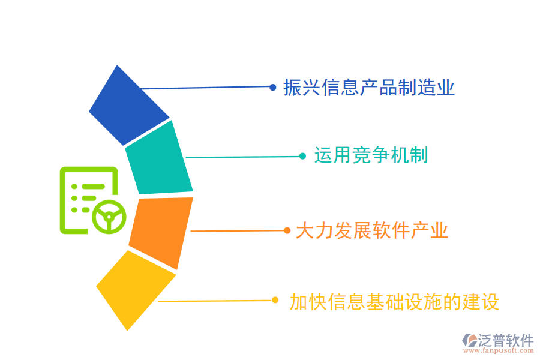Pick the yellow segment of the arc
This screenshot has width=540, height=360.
136,289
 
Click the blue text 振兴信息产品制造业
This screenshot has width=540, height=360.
369,88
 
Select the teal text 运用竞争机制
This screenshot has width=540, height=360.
371,155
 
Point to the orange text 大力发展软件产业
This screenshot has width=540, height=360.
372,230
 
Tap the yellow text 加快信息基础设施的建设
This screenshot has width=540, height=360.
394,302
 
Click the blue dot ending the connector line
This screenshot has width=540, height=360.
273,88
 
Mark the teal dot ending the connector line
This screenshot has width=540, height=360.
303,157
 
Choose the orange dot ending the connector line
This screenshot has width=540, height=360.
287,230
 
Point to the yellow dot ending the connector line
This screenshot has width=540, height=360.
275,300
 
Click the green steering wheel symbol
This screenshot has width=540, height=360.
109,217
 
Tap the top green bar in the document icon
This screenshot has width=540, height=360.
93,187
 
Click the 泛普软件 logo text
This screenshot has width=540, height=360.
506,340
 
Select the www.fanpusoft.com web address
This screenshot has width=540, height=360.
499,350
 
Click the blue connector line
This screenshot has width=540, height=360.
206,88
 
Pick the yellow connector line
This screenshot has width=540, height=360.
216,301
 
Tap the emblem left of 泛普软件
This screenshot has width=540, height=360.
470,340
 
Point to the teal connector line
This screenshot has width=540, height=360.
244,157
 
